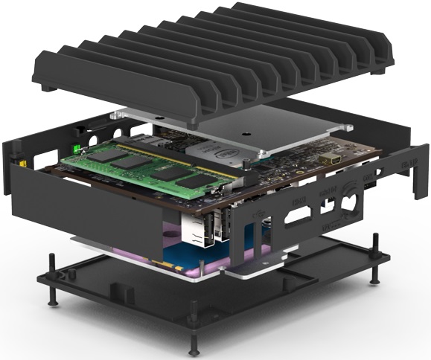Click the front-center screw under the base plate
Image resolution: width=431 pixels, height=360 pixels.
coord(194,344)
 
